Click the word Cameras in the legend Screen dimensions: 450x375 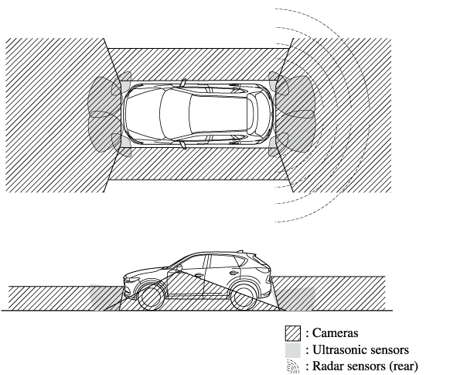point(335,332)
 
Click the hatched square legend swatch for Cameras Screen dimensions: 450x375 point(293,333)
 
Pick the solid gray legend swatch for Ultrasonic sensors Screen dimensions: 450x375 point(293,350)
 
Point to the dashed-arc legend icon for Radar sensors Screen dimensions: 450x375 point(293,366)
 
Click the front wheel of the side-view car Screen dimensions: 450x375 point(152,298)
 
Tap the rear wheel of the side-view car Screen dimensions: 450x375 point(244,298)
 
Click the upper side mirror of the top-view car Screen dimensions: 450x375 point(183,83)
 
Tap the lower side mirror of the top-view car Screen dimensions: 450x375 point(183,145)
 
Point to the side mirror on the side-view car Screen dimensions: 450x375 point(179,269)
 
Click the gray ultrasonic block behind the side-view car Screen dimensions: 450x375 point(295,298)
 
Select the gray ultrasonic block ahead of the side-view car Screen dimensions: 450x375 point(106,298)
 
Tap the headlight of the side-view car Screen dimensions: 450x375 point(131,278)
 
